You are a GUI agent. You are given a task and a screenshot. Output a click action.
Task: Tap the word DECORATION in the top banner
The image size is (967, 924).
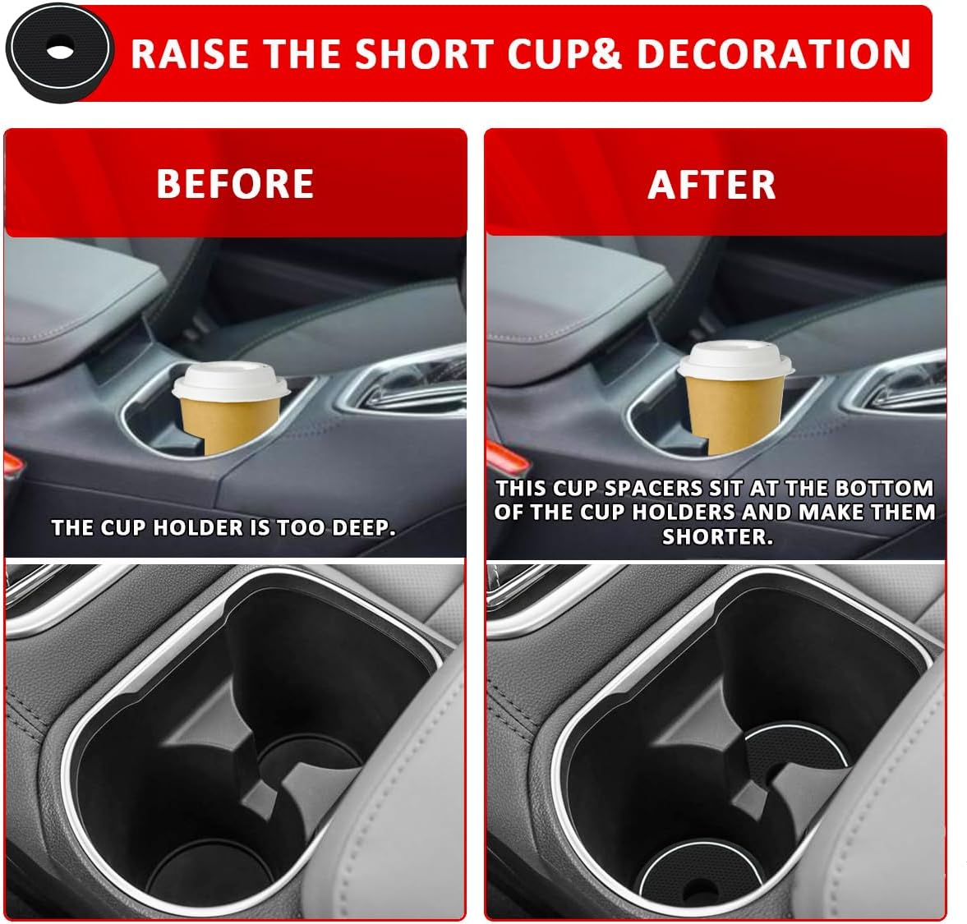click(773, 53)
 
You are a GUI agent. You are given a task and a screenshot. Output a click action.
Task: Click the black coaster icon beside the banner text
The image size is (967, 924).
click(58, 50)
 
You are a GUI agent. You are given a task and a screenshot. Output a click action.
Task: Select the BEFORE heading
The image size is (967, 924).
click(235, 184)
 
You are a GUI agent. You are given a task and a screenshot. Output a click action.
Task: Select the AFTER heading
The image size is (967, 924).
click(711, 185)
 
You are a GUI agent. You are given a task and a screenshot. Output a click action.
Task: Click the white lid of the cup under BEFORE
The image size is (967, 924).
click(229, 379)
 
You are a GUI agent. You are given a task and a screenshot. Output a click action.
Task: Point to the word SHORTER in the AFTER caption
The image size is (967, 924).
click(717, 537)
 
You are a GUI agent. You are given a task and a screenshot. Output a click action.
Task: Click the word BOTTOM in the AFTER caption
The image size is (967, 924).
click(884, 489)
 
